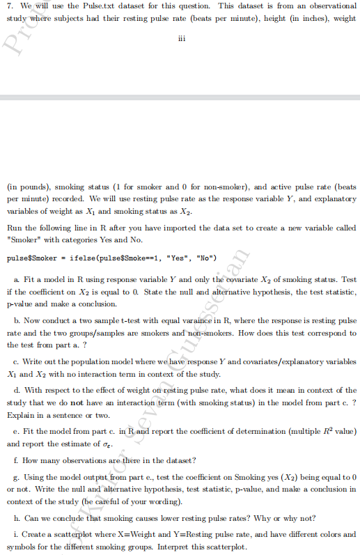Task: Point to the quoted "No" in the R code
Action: [207, 258]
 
